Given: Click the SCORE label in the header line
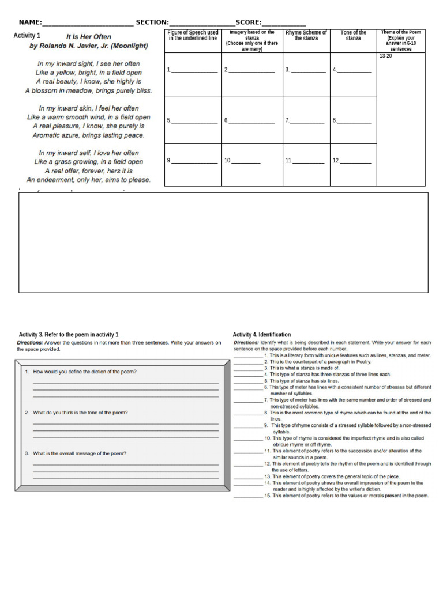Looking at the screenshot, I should point(248,22).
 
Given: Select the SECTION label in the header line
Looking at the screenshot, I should point(152,22).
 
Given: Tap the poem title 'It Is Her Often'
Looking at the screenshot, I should point(89,37).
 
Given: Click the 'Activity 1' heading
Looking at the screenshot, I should point(27,36).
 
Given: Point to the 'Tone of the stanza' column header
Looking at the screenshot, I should point(353,36).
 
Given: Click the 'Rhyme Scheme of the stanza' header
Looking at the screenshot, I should point(306,36).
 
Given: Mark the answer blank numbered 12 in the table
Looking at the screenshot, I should point(355,161).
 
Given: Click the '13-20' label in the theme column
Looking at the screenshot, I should point(385,56).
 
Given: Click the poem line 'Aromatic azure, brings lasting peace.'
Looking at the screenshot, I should point(89,135).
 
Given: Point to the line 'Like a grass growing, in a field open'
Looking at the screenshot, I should point(89,162).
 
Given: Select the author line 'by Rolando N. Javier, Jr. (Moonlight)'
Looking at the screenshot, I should point(89,46).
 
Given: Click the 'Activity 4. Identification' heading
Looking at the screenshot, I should point(262,335).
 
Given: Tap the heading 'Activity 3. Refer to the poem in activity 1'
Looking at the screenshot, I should point(69,335).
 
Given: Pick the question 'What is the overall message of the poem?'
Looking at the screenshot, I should point(80,453).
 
